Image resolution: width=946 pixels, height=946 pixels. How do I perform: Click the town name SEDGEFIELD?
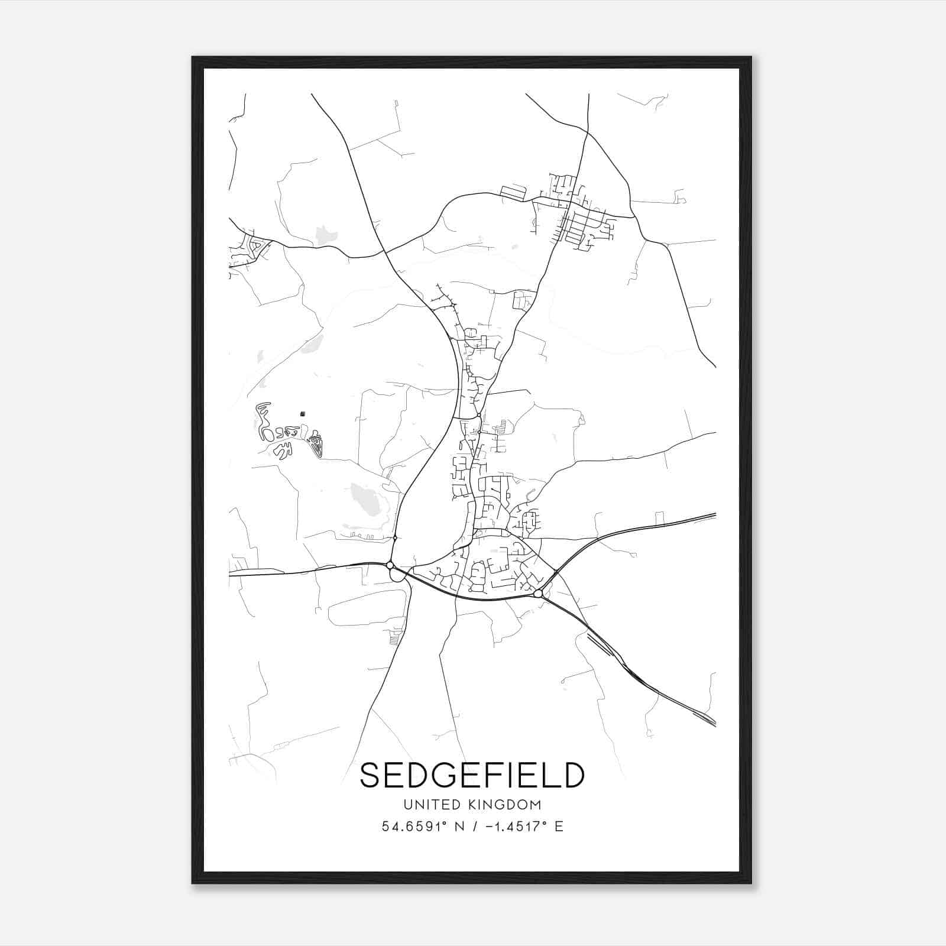click(472, 775)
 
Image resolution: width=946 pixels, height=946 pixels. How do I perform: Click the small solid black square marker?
click(303, 414)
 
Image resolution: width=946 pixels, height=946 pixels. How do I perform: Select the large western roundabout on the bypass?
click(390, 565)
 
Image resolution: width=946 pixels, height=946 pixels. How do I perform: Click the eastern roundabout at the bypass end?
click(537, 593)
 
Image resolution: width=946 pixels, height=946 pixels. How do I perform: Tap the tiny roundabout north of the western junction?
click(394, 537)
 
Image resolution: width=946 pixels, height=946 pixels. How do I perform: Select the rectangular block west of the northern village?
click(513, 192)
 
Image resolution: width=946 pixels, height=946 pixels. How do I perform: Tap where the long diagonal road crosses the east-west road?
click(385, 252)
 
